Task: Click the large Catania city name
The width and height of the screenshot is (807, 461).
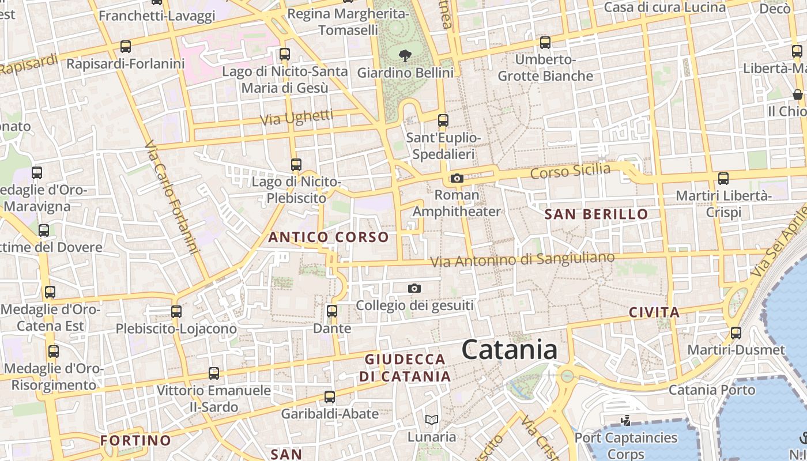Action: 510,350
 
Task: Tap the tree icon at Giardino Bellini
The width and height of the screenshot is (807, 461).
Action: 405,56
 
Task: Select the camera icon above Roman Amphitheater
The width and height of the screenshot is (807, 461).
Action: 457,179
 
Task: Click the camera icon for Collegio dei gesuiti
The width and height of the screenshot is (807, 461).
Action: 414,288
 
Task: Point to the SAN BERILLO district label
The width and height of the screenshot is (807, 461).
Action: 597,214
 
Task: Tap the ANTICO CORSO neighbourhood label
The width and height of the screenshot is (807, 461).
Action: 329,237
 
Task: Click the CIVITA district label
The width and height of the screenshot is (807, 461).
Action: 654,313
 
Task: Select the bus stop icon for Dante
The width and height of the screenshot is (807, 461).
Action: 332,311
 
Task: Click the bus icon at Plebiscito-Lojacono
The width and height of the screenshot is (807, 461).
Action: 176,312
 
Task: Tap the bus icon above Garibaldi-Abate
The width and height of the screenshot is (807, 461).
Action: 330,397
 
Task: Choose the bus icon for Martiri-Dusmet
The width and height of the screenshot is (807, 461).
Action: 736,333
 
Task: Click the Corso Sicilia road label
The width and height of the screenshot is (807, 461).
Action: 570,171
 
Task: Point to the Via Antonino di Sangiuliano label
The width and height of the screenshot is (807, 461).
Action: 523,260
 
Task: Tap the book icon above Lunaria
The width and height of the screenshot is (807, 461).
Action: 431,420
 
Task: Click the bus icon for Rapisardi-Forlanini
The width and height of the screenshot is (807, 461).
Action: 126,47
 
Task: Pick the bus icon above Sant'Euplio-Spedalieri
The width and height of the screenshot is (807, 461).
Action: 443,120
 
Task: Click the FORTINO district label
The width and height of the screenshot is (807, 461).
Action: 136,441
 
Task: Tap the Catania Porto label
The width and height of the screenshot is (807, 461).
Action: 711,390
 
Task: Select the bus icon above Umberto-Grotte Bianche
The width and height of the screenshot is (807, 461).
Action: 545,43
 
